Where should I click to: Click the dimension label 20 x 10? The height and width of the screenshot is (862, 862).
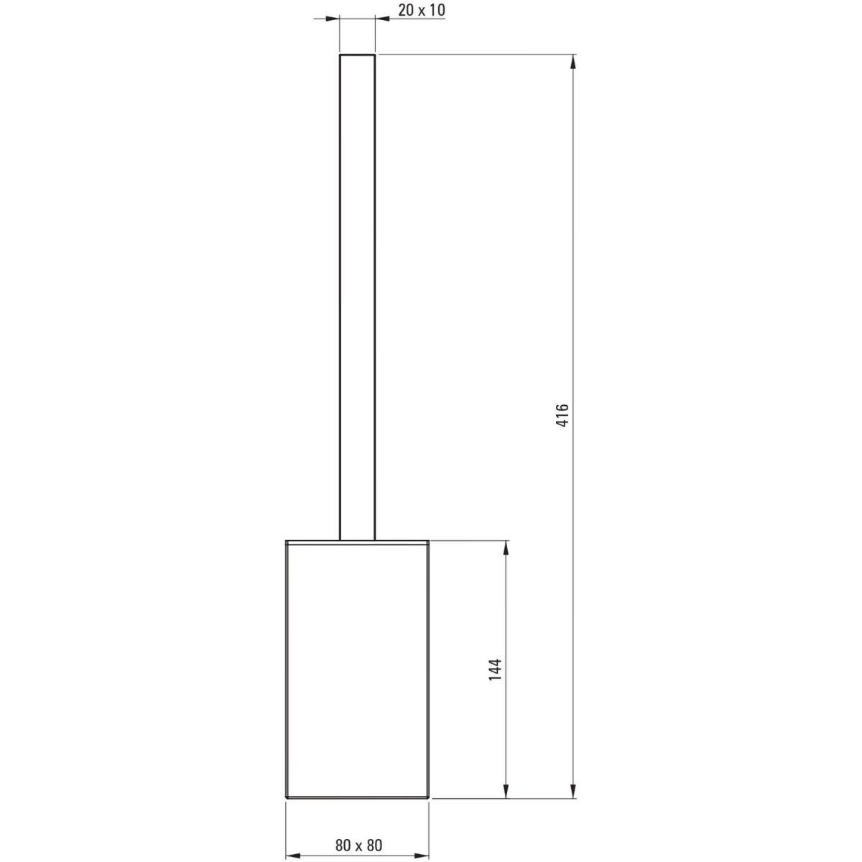[422, 10]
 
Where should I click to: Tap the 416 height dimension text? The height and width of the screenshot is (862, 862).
[562, 414]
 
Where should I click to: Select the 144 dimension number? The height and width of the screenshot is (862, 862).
[495, 682]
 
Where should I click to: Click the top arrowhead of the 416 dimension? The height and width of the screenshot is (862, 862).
[574, 62]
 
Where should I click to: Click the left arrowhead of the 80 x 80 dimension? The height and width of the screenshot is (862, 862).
[293, 856]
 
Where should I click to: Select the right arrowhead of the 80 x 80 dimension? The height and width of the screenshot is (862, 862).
[422, 856]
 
